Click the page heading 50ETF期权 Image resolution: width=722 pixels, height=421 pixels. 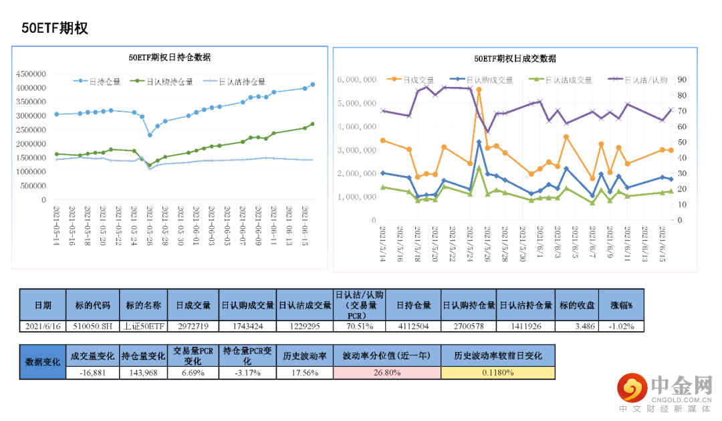(x=55, y=28)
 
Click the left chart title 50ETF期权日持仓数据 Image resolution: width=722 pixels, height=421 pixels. (x=170, y=58)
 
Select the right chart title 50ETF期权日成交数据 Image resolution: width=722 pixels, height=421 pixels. (x=514, y=59)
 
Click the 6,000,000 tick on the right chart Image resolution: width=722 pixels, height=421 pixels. (x=359, y=80)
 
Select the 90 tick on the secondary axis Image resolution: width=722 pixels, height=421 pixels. (x=683, y=80)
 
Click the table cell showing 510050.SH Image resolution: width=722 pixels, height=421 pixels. (x=93, y=326)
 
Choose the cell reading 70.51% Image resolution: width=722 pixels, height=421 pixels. (x=360, y=326)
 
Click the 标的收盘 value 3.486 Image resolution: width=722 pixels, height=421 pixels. (x=576, y=326)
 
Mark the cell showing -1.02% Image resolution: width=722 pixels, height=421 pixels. (x=621, y=326)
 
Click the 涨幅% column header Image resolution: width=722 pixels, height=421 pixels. (x=621, y=305)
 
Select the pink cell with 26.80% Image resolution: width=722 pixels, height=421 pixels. (x=387, y=373)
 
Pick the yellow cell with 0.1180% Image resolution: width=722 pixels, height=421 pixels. (x=497, y=373)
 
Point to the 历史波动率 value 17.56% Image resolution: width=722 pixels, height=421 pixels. (x=304, y=373)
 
